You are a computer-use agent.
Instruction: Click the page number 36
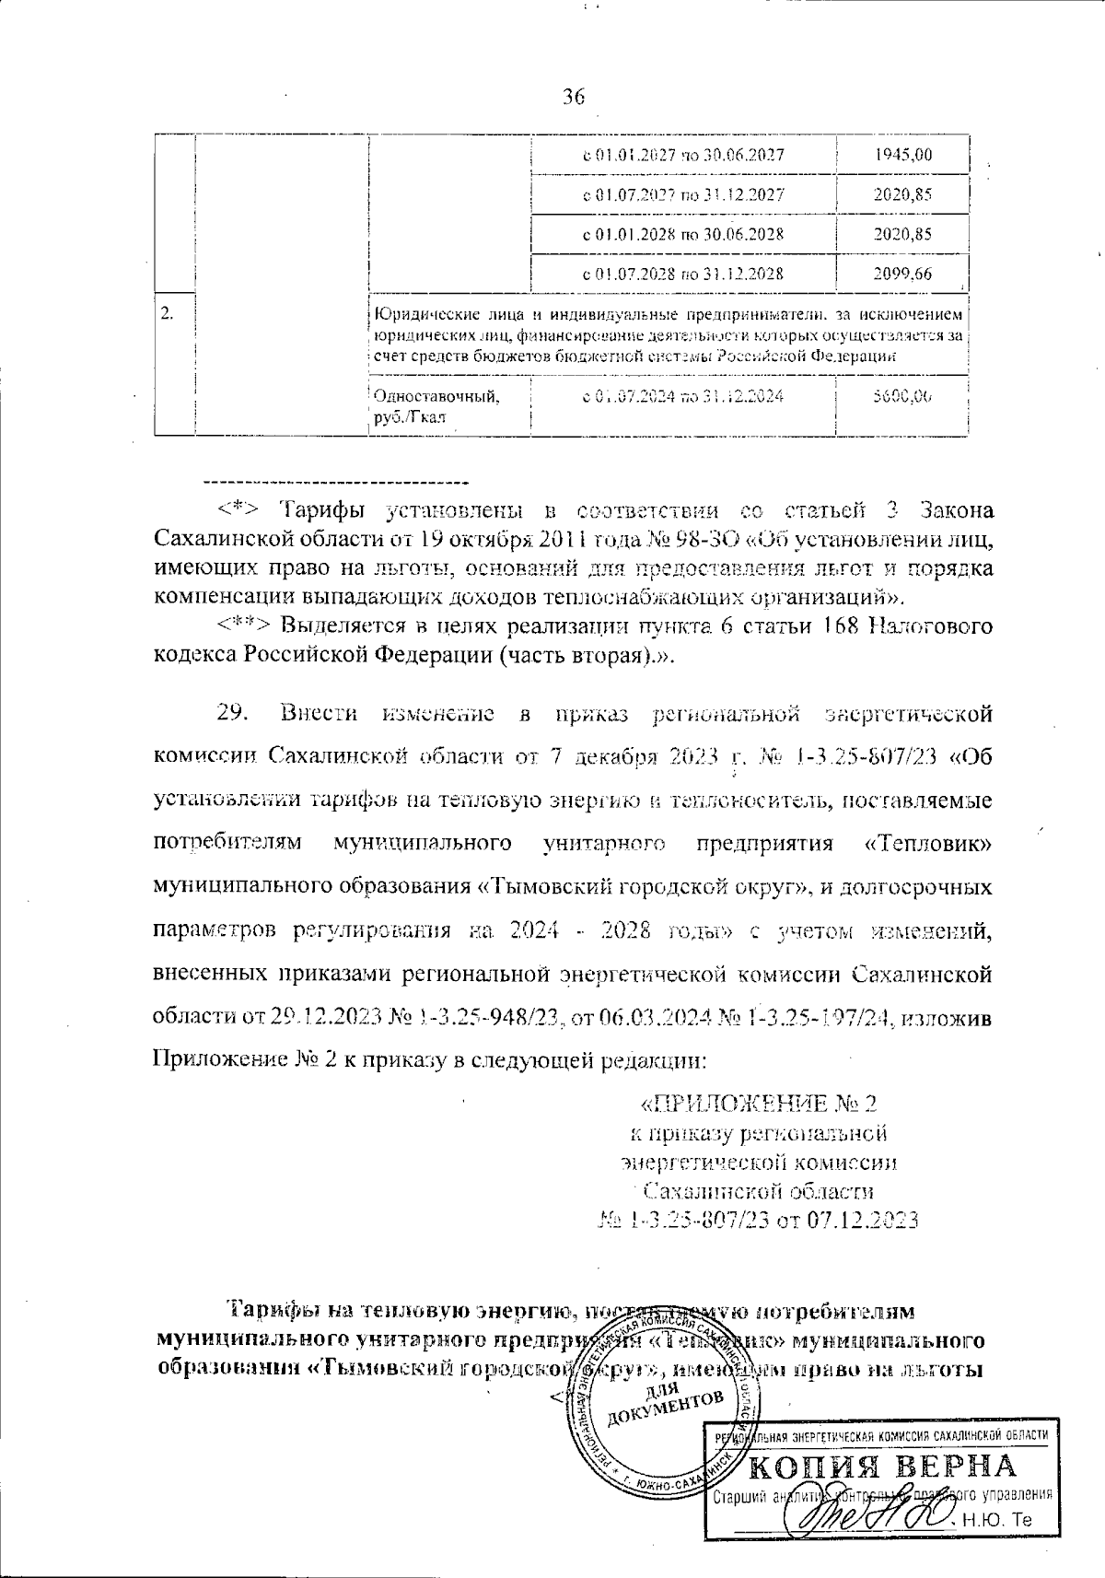coord(572,98)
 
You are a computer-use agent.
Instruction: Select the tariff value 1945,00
coord(902,155)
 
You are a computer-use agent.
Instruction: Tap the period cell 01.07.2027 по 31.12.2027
coord(683,194)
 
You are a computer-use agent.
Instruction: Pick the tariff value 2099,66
coord(902,273)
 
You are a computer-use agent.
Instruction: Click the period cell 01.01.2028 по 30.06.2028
coord(683,234)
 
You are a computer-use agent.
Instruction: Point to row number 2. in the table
coord(169,313)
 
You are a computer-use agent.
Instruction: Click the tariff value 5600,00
coord(902,396)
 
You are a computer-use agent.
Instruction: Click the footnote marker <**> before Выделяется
coord(247,626)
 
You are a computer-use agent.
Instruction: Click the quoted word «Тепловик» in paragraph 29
coord(929,843)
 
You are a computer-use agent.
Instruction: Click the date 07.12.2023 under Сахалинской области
coord(863,1220)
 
